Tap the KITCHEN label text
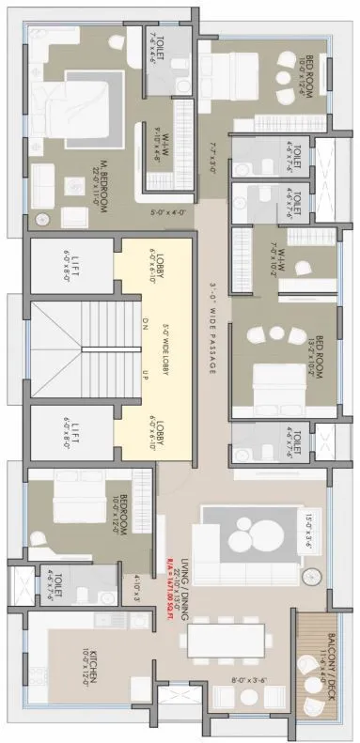(86, 658)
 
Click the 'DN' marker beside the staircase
(145, 321)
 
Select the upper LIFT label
(67, 264)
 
